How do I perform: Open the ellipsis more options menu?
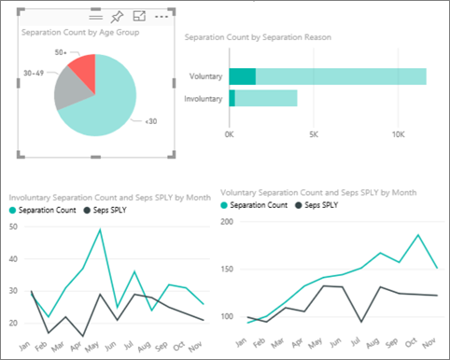tap(162, 17)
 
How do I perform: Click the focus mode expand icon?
tap(140, 17)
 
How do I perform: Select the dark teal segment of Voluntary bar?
tap(242, 76)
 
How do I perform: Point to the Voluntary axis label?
tap(205, 76)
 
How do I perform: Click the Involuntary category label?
tap(203, 98)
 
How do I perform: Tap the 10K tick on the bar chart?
tap(398, 134)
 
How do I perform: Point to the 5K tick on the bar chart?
tap(313, 134)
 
